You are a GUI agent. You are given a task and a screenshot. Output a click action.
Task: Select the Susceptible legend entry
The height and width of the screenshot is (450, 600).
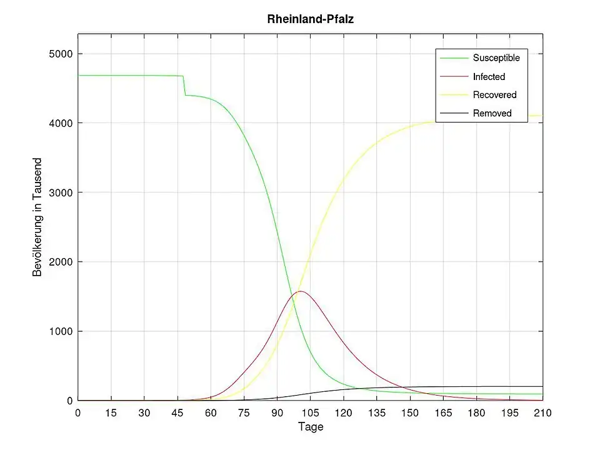point(496,58)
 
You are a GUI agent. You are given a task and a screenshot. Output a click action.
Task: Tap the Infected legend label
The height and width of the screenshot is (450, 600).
point(489,77)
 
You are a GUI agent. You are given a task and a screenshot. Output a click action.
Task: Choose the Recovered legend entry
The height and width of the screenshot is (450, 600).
point(494,95)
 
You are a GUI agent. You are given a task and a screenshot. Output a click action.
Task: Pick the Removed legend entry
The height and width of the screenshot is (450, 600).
point(492,113)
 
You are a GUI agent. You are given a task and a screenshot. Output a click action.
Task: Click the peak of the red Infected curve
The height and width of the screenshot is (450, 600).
point(301,291)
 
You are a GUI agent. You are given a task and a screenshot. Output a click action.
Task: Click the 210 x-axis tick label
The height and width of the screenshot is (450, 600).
point(542,412)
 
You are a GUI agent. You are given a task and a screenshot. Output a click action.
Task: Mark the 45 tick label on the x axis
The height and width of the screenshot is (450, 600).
point(177,412)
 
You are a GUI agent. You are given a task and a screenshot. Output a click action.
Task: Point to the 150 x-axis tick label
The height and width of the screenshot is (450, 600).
point(410,412)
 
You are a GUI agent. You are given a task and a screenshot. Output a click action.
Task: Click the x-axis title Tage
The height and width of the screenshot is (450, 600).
point(311,427)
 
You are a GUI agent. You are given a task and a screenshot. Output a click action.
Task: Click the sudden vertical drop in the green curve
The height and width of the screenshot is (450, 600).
point(184,86)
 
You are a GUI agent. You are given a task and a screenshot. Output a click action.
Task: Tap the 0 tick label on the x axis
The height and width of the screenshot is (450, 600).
point(78,412)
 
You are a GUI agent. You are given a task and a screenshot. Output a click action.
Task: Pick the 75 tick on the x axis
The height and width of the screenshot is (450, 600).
point(244,412)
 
